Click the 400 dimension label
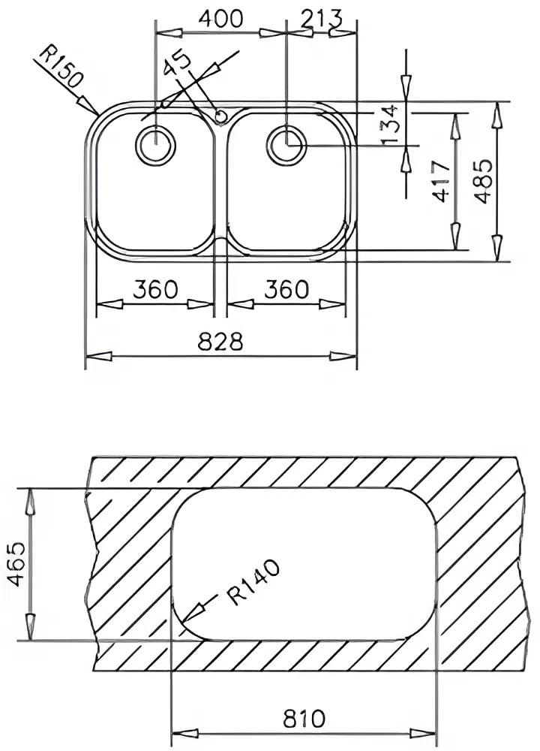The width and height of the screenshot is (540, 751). (220, 19)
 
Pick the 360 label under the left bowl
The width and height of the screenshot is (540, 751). (155, 289)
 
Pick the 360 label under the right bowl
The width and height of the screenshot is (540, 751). (286, 289)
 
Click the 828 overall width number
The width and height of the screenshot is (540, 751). (220, 342)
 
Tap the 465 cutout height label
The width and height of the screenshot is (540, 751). (17, 564)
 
